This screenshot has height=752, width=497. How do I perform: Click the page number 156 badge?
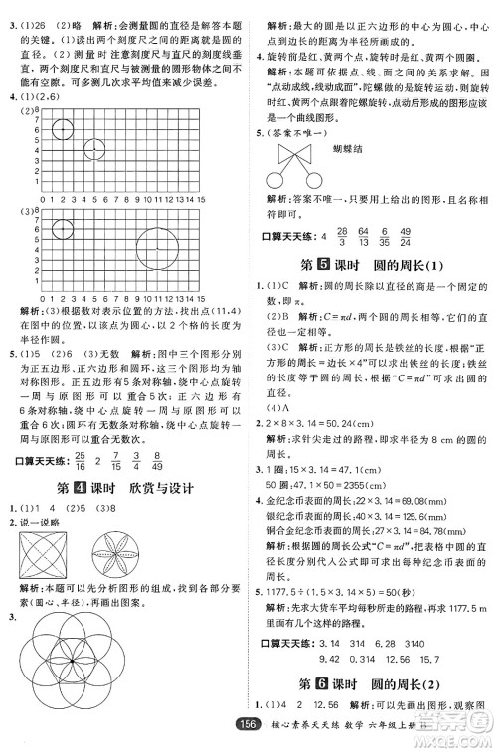[267, 734]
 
